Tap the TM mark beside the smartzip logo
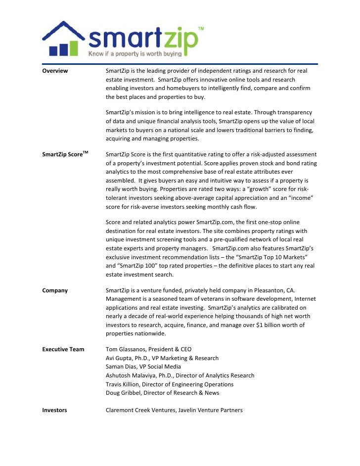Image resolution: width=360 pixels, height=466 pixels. (x=201, y=30)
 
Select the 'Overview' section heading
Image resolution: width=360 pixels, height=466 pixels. (x=55, y=71)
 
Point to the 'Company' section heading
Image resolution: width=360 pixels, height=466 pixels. (x=55, y=290)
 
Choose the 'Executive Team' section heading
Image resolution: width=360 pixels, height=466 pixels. (x=63, y=349)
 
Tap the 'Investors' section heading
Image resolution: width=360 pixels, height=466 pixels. (x=54, y=410)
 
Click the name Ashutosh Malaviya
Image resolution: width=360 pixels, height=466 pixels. (x=131, y=375)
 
